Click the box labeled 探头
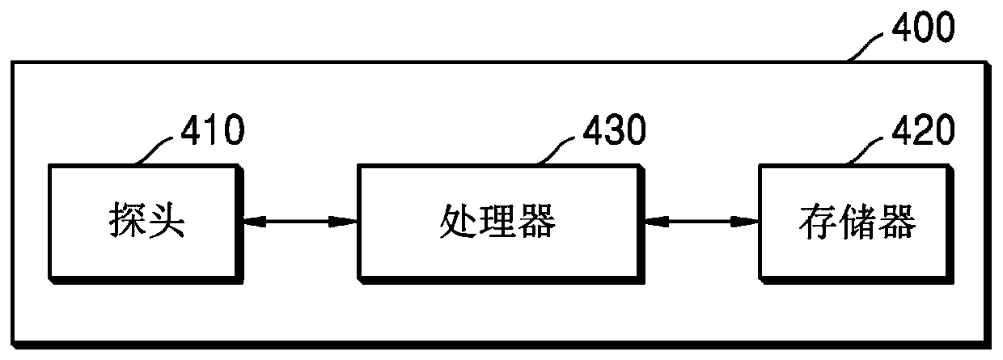(x=145, y=221)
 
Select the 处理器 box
(x=498, y=221)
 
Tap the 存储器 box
(x=854, y=221)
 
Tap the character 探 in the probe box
(x=125, y=221)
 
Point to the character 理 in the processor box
(x=498, y=221)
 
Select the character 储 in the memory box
(x=854, y=221)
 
